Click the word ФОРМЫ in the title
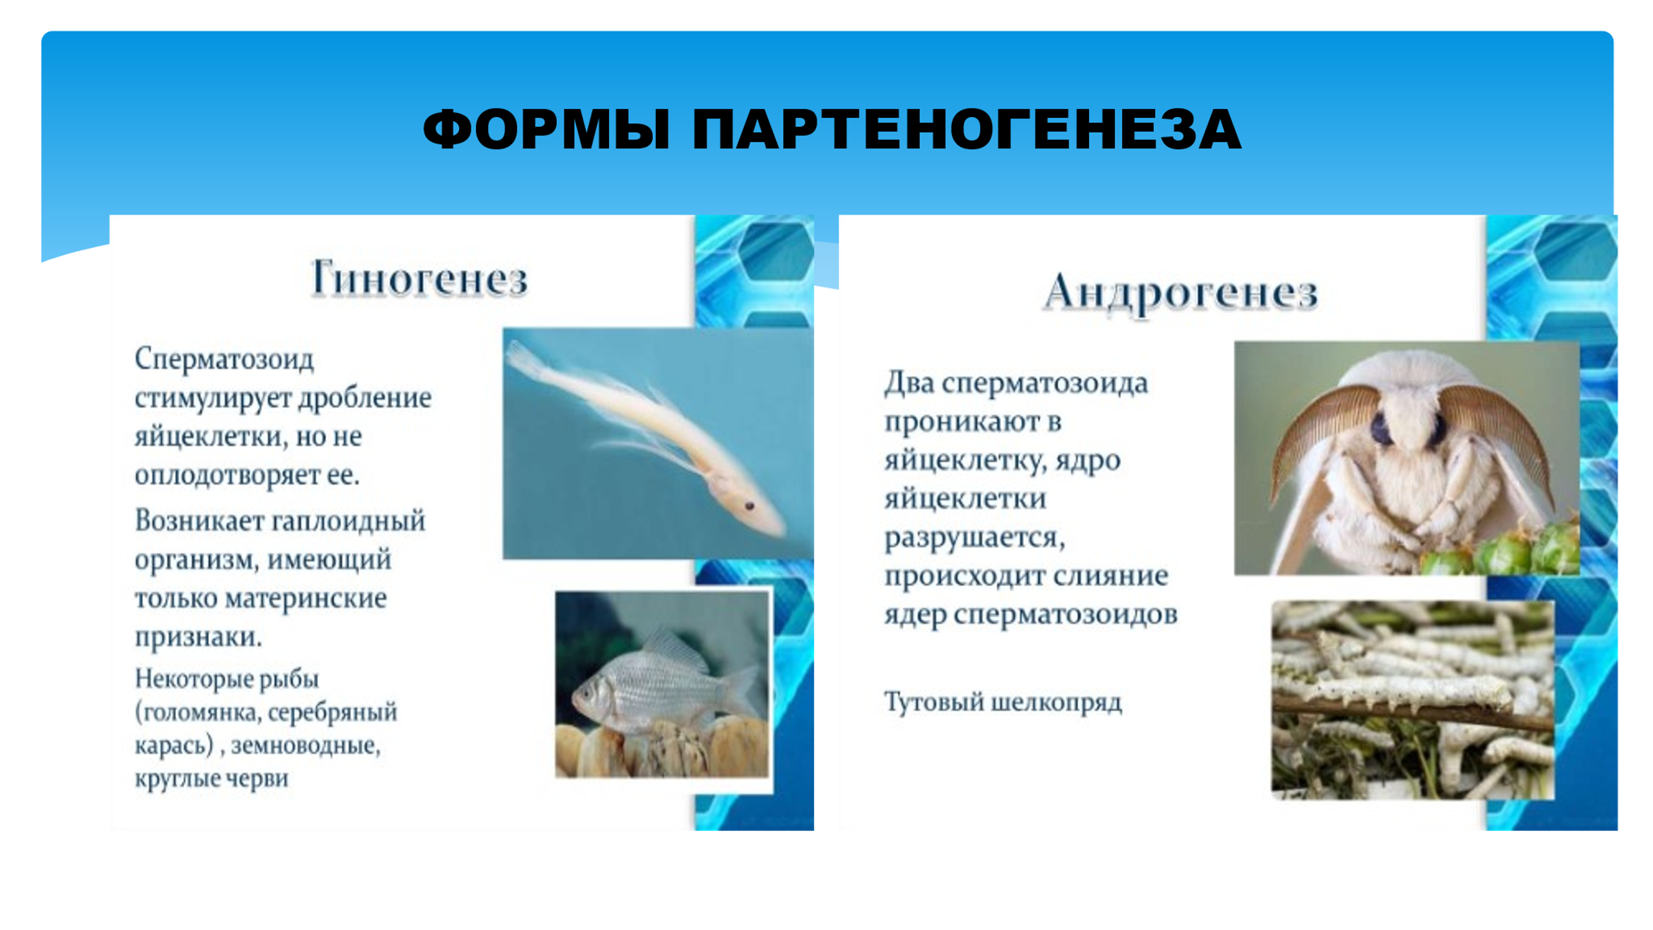[547, 130]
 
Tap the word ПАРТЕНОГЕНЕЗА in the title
[967, 130]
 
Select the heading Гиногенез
[419, 278]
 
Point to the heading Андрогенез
[1180, 292]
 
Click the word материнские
[305, 598]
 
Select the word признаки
[198, 638]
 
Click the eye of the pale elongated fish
[750, 506]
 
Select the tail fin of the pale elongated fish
[526, 360]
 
